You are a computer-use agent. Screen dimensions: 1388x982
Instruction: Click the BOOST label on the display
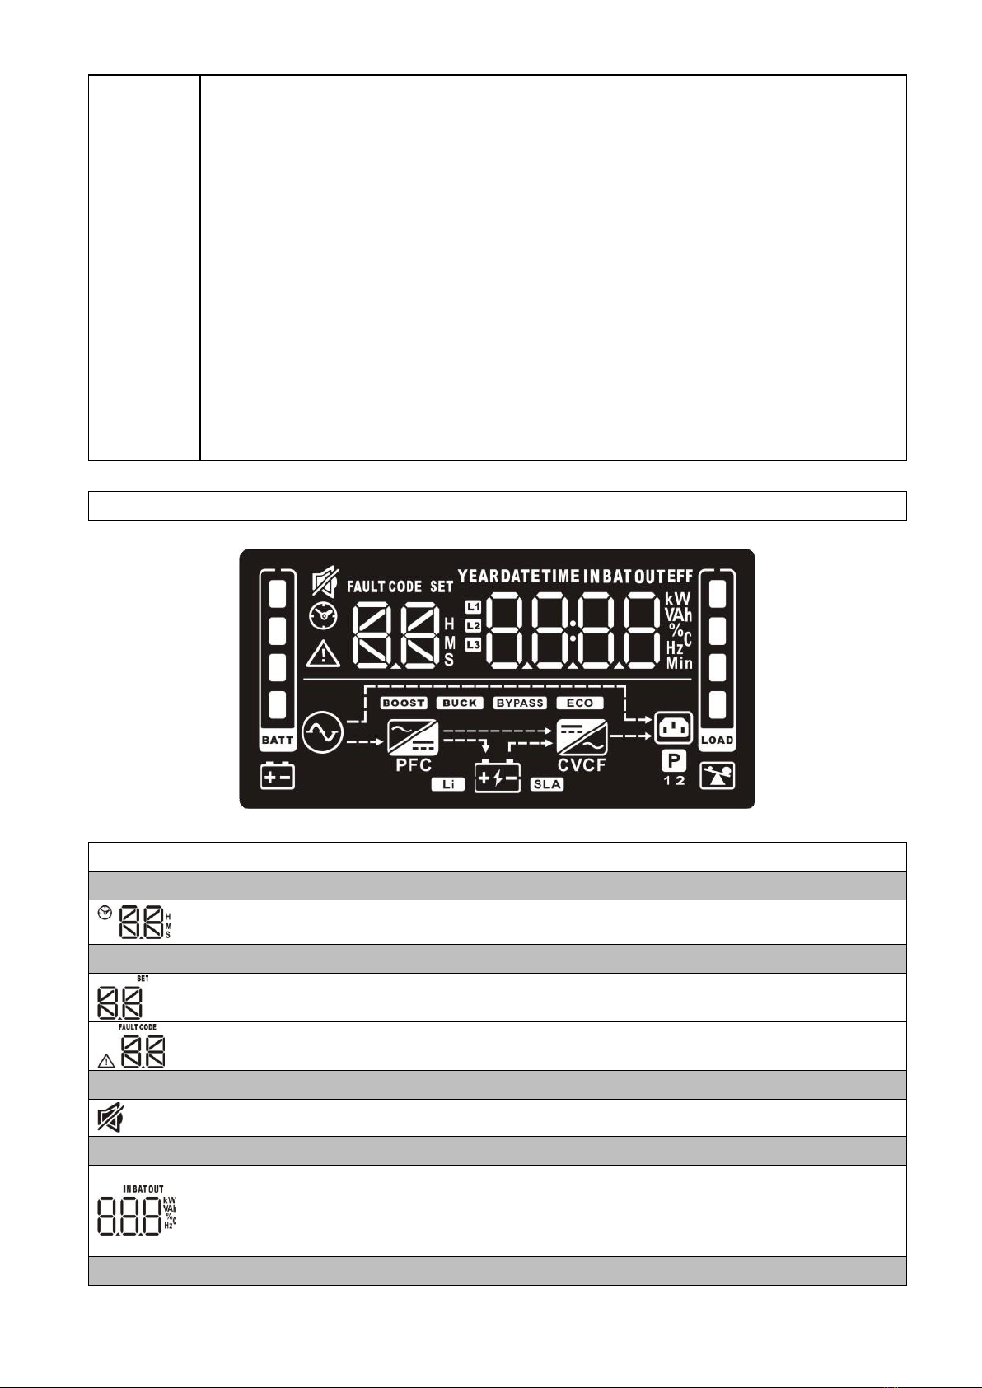pyautogui.click(x=404, y=703)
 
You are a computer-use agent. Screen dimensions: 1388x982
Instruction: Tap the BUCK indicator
pyautogui.click(x=460, y=703)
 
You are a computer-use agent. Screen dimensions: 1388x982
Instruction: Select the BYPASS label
pyautogui.click(x=520, y=703)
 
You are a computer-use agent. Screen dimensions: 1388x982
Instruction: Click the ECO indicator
pyautogui.click(x=580, y=703)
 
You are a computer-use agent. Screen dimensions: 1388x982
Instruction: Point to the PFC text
pyautogui.click(x=414, y=765)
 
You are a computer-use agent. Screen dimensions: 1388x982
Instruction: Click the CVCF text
pyautogui.click(x=582, y=765)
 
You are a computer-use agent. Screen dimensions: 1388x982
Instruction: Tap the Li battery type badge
pyautogui.click(x=448, y=784)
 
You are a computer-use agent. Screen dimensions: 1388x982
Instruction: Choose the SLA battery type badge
pyautogui.click(x=547, y=784)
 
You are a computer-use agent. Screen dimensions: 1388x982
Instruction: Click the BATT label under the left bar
pyautogui.click(x=278, y=740)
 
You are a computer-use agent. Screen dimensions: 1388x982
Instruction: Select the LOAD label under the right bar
pyautogui.click(x=717, y=740)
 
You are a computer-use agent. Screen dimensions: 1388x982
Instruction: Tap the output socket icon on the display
pyautogui.click(x=674, y=727)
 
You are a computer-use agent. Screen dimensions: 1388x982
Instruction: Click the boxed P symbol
pyautogui.click(x=675, y=760)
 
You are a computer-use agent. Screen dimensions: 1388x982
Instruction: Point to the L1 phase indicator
pyautogui.click(x=473, y=607)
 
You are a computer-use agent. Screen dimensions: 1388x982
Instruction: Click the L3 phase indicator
pyautogui.click(x=473, y=645)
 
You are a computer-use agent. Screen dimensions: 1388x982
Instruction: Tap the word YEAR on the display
pyautogui.click(x=479, y=577)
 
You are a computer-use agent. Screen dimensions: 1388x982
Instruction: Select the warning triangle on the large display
pyautogui.click(x=324, y=654)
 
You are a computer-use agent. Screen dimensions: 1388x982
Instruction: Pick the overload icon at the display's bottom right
pyautogui.click(x=717, y=775)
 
